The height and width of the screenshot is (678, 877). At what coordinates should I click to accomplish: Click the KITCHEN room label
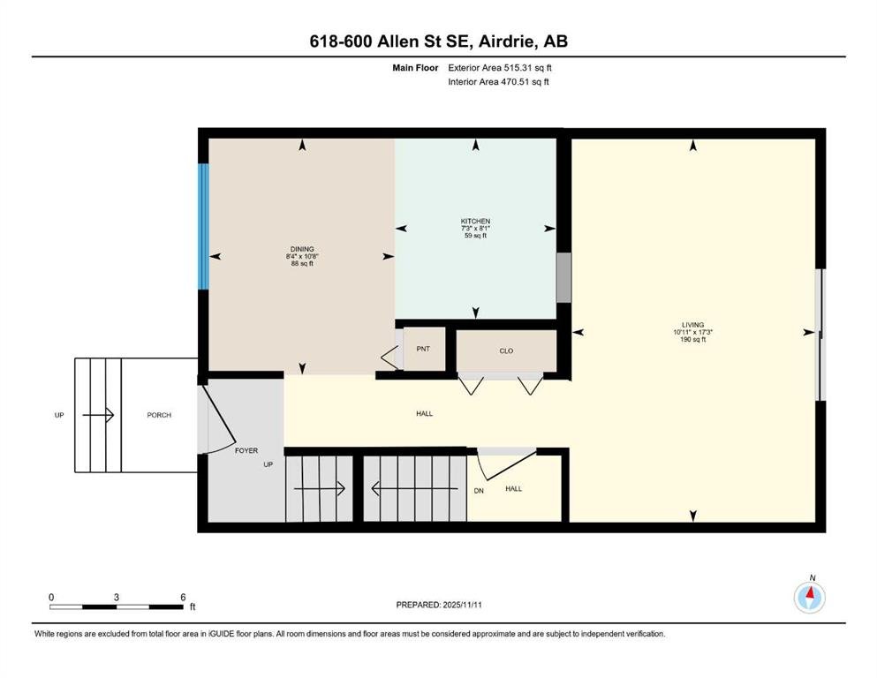[475, 222]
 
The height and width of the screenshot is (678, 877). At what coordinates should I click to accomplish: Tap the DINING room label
[302, 249]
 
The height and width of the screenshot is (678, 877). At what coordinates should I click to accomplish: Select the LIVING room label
[693, 325]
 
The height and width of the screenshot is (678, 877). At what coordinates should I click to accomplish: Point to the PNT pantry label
[423, 349]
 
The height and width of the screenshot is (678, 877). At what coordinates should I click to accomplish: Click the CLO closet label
[506, 351]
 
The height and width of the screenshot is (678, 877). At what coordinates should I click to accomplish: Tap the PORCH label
[159, 415]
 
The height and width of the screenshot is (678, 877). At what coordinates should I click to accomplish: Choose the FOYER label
[246, 450]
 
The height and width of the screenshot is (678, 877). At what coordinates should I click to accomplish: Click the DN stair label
[479, 491]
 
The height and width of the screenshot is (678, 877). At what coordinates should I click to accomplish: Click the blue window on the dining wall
[204, 226]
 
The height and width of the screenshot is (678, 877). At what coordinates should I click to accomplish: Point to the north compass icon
[809, 597]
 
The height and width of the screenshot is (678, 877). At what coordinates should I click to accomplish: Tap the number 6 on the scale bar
[183, 597]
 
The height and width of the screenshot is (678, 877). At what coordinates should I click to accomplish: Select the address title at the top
[438, 41]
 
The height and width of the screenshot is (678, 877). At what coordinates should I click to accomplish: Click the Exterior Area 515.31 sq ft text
[500, 68]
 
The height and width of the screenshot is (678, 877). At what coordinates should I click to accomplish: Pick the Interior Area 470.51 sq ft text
[498, 81]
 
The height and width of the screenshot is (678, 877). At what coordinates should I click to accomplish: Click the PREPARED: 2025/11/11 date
[439, 605]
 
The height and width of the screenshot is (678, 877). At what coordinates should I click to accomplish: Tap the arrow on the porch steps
[98, 415]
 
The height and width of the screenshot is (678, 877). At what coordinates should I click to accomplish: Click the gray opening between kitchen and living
[563, 278]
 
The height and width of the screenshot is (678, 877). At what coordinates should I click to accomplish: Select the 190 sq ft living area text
[693, 339]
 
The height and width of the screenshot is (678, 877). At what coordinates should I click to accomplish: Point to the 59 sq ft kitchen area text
[475, 236]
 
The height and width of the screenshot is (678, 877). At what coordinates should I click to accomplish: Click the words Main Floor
[415, 68]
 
